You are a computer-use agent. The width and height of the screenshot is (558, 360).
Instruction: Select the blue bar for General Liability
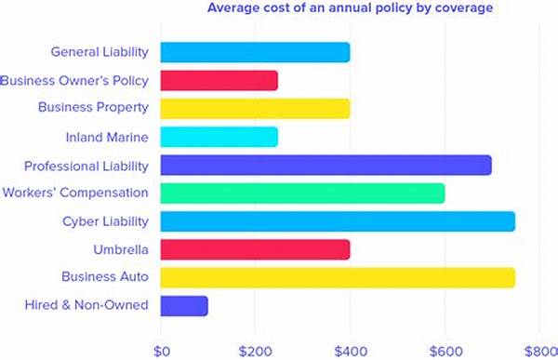(x=255, y=52)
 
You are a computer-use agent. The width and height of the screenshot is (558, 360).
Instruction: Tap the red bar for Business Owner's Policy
(x=219, y=81)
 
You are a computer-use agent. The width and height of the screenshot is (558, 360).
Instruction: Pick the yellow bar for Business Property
(x=255, y=109)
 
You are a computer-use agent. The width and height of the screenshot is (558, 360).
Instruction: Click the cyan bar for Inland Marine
(x=219, y=137)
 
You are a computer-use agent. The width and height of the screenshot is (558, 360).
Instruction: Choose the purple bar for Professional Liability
(x=325, y=166)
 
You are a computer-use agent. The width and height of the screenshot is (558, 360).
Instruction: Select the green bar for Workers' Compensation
(x=302, y=193)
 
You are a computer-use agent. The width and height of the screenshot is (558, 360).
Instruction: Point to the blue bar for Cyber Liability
(x=338, y=221)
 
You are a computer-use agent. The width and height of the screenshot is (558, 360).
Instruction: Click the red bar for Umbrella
(x=255, y=249)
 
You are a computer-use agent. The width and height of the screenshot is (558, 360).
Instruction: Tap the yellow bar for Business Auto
(x=338, y=277)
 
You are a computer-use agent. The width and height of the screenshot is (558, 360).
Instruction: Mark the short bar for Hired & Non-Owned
(x=184, y=305)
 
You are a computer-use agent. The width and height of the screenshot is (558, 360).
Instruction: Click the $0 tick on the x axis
(x=161, y=351)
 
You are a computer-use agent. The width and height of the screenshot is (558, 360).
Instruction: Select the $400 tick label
(x=350, y=351)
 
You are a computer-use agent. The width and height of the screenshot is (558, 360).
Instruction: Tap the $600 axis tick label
(x=445, y=351)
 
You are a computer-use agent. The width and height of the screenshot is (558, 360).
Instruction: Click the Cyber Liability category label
(x=105, y=221)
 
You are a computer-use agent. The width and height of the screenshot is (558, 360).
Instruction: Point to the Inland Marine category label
(x=107, y=137)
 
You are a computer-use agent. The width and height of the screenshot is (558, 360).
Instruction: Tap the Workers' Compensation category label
(x=76, y=193)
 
